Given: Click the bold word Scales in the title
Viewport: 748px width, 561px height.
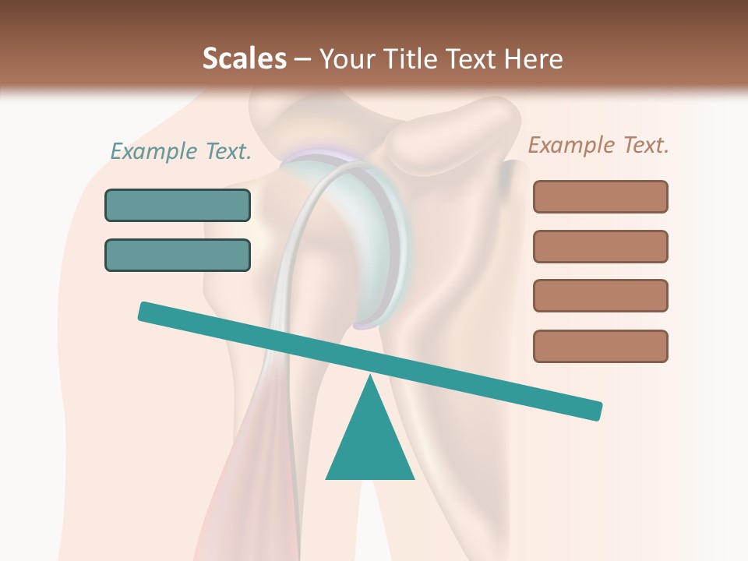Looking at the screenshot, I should pyautogui.click(x=244, y=58).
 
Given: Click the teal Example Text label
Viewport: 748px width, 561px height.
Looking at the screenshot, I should pyautogui.click(x=181, y=151).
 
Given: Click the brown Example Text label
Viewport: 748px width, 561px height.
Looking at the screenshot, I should pyautogui.click(x=598, y=145).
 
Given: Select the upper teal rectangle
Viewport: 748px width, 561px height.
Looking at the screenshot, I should pyautogui.click(x=178, y=205).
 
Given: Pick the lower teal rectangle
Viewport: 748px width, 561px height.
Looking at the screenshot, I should pyautogui.click(x=178, y=255).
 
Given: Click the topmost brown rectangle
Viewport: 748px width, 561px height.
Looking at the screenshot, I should pyautogui.click(x=600, y=196).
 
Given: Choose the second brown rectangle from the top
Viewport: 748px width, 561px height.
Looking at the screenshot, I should pyautogui.click(x=600, y=246).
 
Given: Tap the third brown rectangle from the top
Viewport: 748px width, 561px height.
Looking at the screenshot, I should pyautogui.click(x=600, y=296).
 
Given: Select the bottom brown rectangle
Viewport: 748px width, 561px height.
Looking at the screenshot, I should pyautogui.click(x=600, y=346).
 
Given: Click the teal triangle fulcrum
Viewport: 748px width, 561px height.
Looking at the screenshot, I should pyautogui.click(x=370, y=444).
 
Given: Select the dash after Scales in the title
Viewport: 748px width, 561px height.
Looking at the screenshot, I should pyautogui.click(x=302, y=59).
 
